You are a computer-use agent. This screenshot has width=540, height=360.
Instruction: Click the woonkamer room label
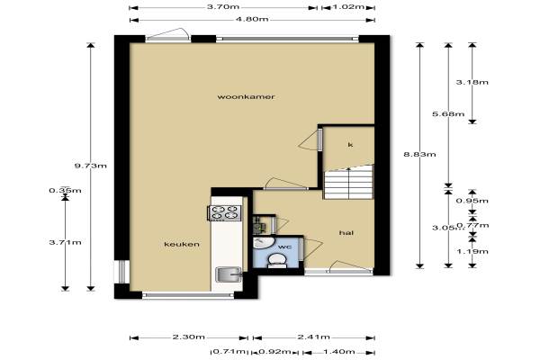[246, 97]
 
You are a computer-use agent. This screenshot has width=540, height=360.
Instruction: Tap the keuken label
[182, 244]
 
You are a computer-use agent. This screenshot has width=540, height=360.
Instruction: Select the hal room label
[346, 233]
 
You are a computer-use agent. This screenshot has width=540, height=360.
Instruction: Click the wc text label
[284, 247]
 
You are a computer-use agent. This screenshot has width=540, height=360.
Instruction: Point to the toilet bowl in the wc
[276, 260]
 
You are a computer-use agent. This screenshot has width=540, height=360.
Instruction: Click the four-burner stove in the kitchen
[224, 212]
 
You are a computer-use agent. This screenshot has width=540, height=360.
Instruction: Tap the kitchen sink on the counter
[229, 274]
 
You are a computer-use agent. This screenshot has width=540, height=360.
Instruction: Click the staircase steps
[348, 182]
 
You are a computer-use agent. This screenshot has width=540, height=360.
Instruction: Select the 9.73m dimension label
[91, 166]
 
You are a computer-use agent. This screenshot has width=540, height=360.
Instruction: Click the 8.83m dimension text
[419, 154]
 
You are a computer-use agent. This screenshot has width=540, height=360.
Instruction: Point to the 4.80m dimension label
[252, 19]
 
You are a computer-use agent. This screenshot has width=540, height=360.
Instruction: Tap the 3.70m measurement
[223, 6]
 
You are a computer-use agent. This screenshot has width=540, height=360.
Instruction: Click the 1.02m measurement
[348, 6]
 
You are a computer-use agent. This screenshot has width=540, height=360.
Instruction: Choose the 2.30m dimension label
[189, 337]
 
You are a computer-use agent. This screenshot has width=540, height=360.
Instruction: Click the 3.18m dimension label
[472, 82]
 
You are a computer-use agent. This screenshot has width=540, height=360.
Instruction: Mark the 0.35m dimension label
[66, 190]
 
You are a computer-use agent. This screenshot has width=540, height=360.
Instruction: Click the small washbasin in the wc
[264, 242]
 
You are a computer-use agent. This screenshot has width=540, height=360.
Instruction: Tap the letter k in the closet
[350, 145]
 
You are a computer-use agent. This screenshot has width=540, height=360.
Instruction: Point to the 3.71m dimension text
[66, 242]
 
